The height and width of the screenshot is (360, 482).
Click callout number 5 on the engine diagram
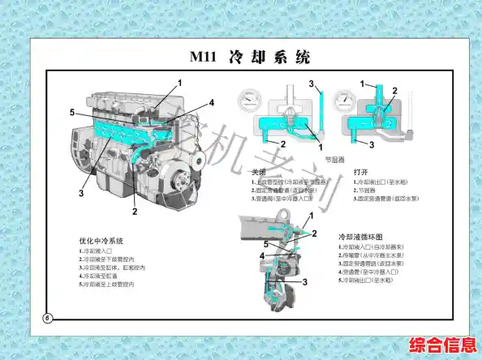(72, 112)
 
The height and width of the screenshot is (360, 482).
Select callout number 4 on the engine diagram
(211, 103)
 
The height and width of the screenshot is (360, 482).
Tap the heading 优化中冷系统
(101, 241)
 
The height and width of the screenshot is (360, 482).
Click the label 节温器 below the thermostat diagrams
(334, 160)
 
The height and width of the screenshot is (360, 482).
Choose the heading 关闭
(258, 172)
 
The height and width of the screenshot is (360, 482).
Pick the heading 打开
(362, 172)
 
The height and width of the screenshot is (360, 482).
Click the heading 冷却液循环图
(359, 236)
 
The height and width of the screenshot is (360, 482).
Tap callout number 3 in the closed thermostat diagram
(311, 84)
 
